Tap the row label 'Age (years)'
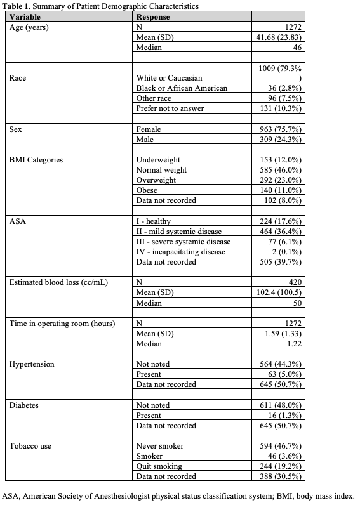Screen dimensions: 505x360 point(30,27)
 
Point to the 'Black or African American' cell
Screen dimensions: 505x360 point(182,88)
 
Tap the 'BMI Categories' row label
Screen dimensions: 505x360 point(36,160)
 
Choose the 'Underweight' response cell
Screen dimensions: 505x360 point(158,160)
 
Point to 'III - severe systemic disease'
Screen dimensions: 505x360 point(183,241)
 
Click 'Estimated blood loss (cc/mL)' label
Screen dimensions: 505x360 point(58,282)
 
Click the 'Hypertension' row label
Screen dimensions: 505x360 point(32,364)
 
